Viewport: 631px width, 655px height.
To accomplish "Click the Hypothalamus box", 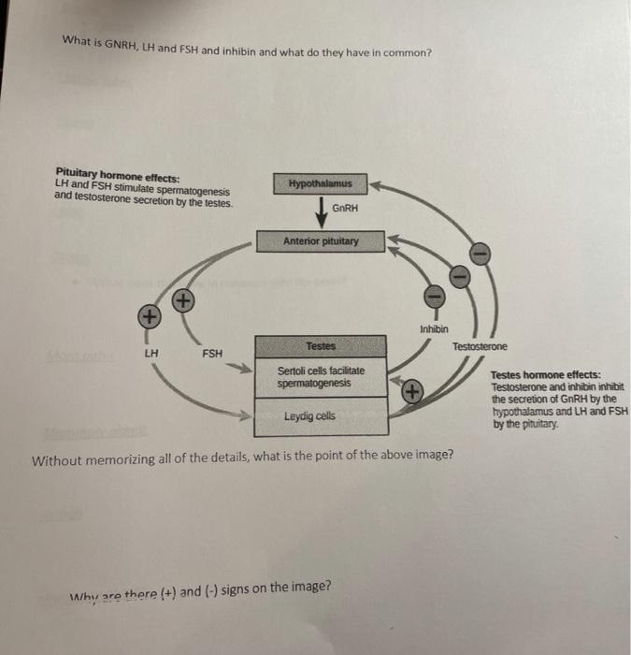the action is (321, 182).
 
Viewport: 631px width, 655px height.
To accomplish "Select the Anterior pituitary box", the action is (321, 240).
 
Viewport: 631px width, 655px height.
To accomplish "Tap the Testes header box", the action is (321, 346).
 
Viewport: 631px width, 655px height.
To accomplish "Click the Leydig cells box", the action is (321, 415).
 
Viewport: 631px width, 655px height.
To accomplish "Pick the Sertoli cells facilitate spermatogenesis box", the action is (321, 377).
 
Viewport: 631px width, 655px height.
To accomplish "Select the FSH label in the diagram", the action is (212, 354).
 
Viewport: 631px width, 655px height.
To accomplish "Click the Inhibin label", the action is (434, 329).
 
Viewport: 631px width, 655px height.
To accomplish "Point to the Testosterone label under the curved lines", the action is (480, 347).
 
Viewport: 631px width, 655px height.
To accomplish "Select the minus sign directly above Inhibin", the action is (434, 297).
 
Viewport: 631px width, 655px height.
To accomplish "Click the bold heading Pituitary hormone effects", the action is (119, 175).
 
